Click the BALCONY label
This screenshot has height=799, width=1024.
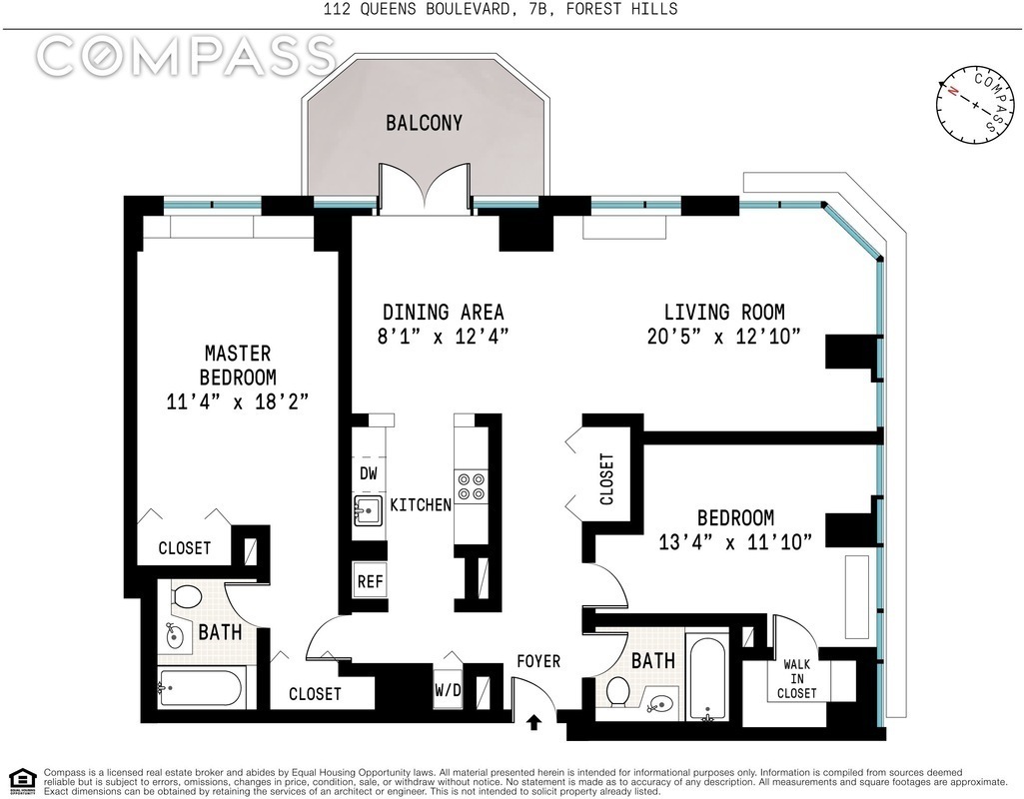click(424, 123)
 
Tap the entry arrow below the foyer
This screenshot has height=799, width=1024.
click(534, 721)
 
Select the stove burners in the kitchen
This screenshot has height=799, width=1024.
click(471, 485)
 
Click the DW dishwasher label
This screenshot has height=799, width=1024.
click(369, 473)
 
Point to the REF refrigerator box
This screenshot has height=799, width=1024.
click(370, 580)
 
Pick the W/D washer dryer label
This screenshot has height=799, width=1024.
click(448, 689)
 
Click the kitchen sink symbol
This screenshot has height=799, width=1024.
click(369, 509)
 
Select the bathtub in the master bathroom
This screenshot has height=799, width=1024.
click(200, 688)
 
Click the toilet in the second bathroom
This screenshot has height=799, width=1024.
click(617, 691)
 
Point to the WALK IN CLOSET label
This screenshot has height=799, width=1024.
click(797, 679)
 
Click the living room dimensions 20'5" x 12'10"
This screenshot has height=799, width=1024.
click(723, 337)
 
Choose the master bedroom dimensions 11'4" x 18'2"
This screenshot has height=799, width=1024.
click(237, 400)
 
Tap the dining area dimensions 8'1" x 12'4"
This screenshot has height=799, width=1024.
click(443, 337)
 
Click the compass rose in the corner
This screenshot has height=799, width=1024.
click(976, 105)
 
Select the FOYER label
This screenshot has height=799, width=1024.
click(538, 661)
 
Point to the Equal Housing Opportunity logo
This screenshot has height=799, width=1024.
click(23, 780)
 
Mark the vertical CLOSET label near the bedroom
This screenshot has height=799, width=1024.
click(606, 479)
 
